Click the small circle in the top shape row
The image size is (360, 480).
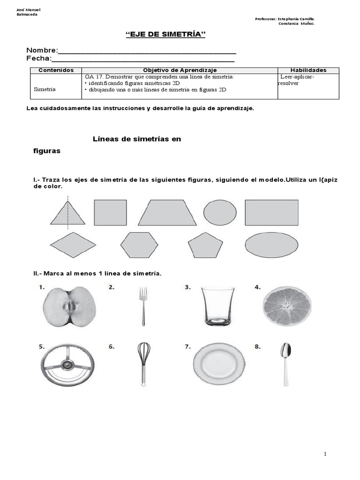coord(220,213)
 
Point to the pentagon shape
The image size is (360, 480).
coord(205,245)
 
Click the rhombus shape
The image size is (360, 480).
coord(73,245)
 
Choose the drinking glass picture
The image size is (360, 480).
coord(217,307)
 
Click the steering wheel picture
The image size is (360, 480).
coord(67,365)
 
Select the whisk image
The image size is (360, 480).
coord(143,364)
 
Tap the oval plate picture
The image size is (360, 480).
coord(219,364)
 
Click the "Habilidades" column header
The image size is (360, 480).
coord(308,70)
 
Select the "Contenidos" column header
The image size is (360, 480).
coord(56,70)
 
